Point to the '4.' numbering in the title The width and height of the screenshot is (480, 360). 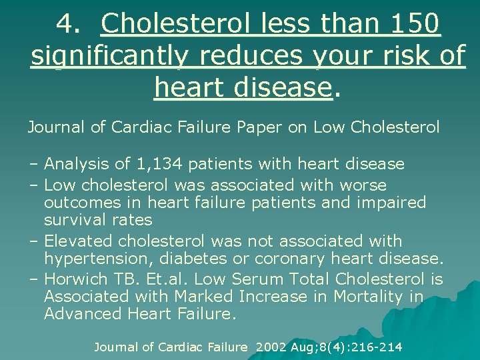click(69, 24)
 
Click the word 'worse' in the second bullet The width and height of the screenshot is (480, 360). click(363, 185)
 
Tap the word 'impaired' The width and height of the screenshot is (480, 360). click(393, 202)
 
